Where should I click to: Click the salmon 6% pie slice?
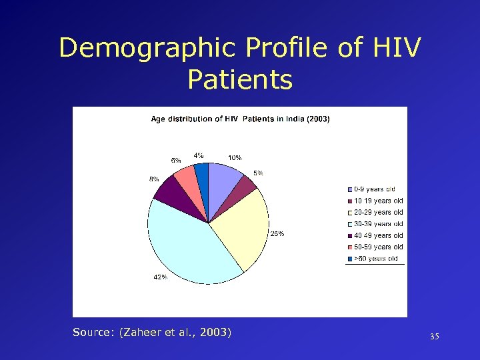point(187,182)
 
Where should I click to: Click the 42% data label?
point(160,277)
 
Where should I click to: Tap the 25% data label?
point(277,233)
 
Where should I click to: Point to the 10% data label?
point(235,157)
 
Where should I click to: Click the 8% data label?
point(153,179)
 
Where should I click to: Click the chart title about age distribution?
point(240,119)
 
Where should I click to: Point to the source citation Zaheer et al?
point(152,331)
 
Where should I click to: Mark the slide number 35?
point(434,337)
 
